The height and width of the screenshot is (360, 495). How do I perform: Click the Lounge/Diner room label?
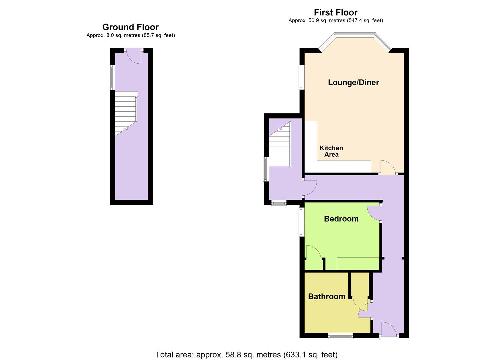tap(353, 82)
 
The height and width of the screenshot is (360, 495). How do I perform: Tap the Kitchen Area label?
tap(331, 151)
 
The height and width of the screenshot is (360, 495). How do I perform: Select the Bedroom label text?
tap(341, 219)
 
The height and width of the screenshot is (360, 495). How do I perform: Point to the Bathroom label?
tap(326, 296)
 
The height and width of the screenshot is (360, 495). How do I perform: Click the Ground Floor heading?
tap(130, 27)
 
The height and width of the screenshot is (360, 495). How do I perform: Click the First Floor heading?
tap(335, 12)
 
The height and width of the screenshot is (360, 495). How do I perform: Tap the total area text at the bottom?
tap(246, 354)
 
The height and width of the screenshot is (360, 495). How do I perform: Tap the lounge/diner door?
tap(388, 167)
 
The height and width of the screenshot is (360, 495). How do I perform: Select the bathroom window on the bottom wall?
tap(341, 336)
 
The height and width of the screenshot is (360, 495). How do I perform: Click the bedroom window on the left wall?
tap(301, 222)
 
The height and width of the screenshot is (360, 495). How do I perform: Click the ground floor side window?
tap(112, 77)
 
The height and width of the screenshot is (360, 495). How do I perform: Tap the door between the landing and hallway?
tap(310, 188)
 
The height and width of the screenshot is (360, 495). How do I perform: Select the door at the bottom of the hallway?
tap(389, 329)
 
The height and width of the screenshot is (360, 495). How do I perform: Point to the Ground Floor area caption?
tap(130, 35)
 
